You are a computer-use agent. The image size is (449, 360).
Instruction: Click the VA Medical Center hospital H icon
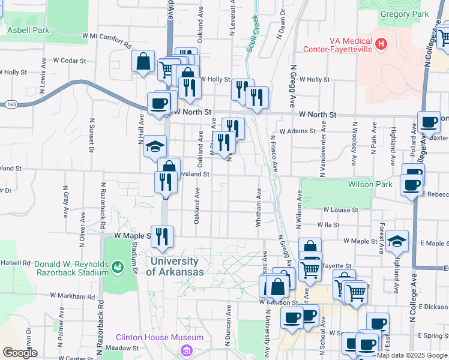tap(380, 43)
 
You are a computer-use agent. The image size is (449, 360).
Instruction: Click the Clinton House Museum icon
tap(187, 349)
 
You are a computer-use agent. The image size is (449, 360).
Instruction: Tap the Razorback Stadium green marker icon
tap(119, 265)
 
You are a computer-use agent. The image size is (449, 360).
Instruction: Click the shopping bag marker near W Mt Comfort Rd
tap(143, 61)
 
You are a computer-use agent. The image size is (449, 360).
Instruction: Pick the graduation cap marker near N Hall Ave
tap(155, 146)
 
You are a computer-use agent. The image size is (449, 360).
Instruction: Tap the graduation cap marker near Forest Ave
tap(397, 240)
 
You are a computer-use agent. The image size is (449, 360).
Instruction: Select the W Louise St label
tap(340, 210)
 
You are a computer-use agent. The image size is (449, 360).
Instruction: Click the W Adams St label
tap(297, 131)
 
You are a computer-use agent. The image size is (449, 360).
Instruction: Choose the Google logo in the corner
tap(20, 353)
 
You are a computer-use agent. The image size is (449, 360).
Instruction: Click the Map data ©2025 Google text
tap(412, 355)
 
